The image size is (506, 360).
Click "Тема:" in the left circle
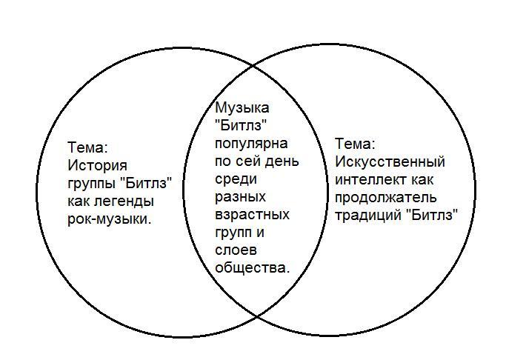(x=87, y=147)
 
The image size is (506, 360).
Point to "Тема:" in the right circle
(x=355, y=144)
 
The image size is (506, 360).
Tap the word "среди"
(x=235, y=179)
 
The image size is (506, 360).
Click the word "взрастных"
(x=252, y=215)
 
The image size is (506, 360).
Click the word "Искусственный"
(x=390, y=161)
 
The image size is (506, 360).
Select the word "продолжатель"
(x=385, y=198)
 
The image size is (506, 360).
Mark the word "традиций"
(x=366, y=216)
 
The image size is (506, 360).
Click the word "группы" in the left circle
(x=90, y=183)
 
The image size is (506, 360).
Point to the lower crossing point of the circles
(x=256, y=317)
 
